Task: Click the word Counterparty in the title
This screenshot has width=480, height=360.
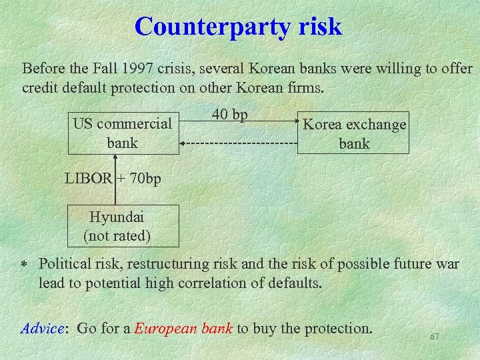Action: pos(212,27)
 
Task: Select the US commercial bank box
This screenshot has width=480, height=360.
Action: pos(123,133)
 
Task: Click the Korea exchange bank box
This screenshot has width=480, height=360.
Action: pos(353,133)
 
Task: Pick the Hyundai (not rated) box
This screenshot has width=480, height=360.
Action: pos(117,226)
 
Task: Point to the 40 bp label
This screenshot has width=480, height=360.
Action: pos(229,115)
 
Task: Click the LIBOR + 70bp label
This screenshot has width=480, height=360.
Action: pos(113,179)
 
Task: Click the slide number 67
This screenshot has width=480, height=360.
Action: pos(435,337)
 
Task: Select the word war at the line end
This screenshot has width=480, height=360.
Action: pos(447,264)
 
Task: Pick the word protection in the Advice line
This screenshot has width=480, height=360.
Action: pos(338,328)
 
